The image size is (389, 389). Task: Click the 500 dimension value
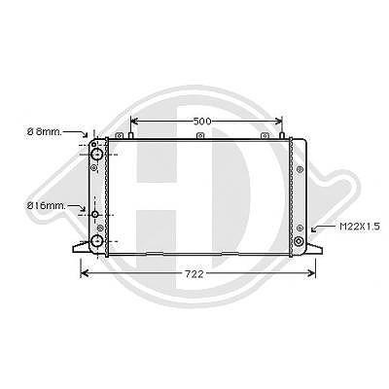tap(202, 122)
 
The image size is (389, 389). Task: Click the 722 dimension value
tap(194, 274)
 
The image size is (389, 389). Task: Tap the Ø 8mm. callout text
tap(44, 132)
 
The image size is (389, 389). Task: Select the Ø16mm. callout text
tap(47, 205)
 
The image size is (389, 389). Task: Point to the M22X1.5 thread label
tap(360, 227)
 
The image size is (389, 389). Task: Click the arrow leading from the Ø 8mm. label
tap(76, 132)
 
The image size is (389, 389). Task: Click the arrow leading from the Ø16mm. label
tap(77, 207)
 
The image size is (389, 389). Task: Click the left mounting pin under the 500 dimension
tap(131, 135)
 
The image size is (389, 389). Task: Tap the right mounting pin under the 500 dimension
tap(282, 135)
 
